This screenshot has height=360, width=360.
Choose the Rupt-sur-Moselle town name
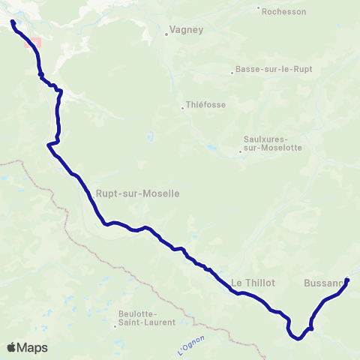click(x=137, y=193)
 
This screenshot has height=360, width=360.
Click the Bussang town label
click(x=324, y=283)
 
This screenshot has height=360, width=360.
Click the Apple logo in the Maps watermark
click(x=11, y=347)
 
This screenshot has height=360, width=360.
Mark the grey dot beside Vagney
click(x=166, y=34)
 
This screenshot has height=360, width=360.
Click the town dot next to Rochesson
click(x=259, y=10)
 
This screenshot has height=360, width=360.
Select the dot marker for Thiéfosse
click(x=182, y=107)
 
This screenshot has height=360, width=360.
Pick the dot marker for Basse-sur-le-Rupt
click(x=233, y=73)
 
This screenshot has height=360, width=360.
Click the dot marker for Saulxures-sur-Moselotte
click(x=240, y=151)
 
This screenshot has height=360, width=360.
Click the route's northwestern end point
click(x=13, y=23)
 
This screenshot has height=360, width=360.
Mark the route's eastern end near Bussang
click(x=347, y=281)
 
